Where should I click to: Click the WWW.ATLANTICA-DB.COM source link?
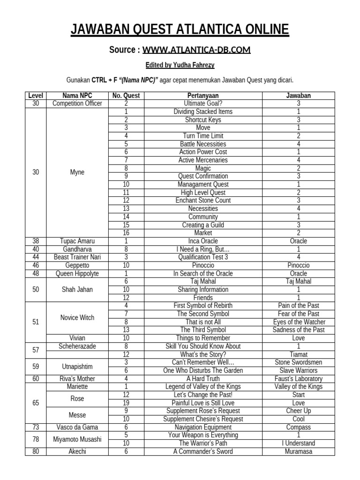pyautogui.click(x=196, y=50)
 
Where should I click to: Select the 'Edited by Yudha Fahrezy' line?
pyautogui.click(x=180, y=65)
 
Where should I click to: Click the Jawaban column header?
pyautogui.click(x=298, y=96)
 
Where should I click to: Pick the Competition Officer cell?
pyautogui.click(x=77, y=104)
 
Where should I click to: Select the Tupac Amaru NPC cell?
pyautogui.click(x=77, y=241)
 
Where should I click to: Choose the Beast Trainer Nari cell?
pyautogui.click(x=77, y=257)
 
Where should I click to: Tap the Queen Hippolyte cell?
pyautogui.click(x=77, y=273)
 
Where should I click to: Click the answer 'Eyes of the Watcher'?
pyautogui.click(x=298, y=322)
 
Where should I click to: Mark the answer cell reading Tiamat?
pyautogui.click(x=298, y=354)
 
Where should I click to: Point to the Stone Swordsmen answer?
pyautogui.click(x=298, y=362)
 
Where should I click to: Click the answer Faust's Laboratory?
pyautogui.click(x=298, y=379)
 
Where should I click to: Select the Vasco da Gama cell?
pyautogui.click(x=77, y=427)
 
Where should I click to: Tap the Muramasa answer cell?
pyautogui.click(x=298, y=451)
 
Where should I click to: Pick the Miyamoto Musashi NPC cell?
pyautogui.click(x=77, y=439)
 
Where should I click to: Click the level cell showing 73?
pyautogui.click(x=36, y=427)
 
